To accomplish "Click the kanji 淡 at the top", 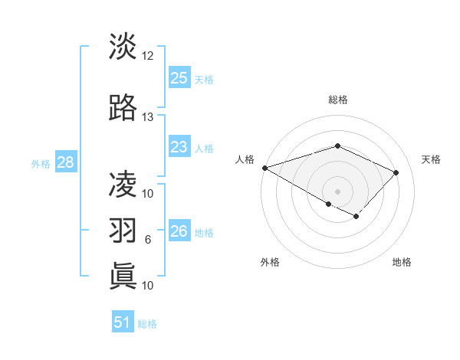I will [x=123, y=47].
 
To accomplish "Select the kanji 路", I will [x=123, y=108].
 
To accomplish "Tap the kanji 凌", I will [x=123, y=184].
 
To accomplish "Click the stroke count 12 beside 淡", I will [x=148, y=56].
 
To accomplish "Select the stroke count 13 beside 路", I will [x=148, y=117].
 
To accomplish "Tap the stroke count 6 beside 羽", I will [x=148, y=240].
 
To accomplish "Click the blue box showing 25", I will [x=179, y=77].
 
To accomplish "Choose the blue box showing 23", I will [x=179, y=147].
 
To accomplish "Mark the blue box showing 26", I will [x=179, y=231].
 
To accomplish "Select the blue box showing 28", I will [x=65, y=162].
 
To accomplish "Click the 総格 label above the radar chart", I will [x=338, y=100].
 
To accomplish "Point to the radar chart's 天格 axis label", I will [x=432, y=159].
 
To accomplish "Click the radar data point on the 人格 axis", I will [x=264, y=168].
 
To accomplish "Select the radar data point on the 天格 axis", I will [x=396, y=172].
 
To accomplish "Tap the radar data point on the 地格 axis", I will [x=356, y=217].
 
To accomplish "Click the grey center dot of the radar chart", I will [x=338, y=191].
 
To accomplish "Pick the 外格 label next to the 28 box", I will [x=40, y=163].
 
